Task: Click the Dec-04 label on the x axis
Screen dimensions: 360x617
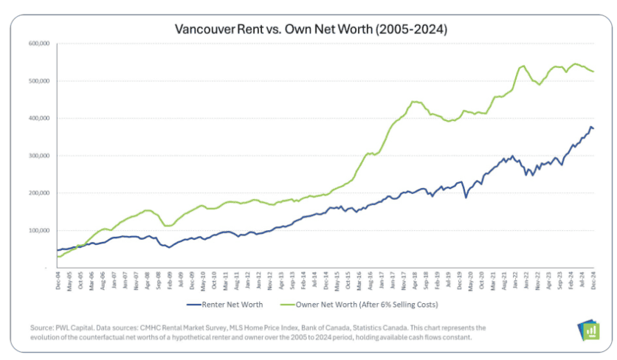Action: tap(57, 281)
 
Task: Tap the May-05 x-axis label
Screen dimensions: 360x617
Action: tap(68, 281)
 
